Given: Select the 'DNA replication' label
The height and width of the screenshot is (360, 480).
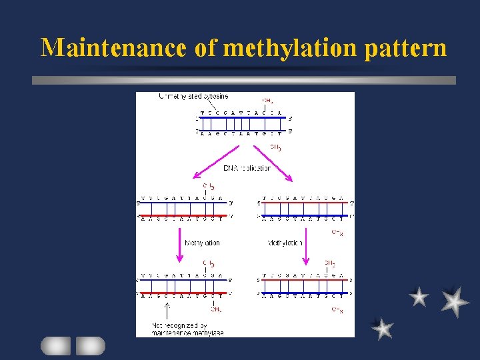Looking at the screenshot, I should click(247, 167).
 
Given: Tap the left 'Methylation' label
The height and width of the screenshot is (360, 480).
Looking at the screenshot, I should click(202, 243).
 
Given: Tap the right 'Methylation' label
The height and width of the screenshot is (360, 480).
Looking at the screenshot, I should click(285, 243).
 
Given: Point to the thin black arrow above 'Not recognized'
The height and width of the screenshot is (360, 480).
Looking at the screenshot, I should click(167, 310).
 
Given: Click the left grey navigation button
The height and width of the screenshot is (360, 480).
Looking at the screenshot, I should click(56, 345).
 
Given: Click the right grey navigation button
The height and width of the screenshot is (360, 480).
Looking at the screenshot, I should click(90, 345).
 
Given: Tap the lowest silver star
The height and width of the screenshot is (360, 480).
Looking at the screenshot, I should click(383, 328).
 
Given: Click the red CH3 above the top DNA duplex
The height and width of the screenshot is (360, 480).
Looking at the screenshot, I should click(267, 101).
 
